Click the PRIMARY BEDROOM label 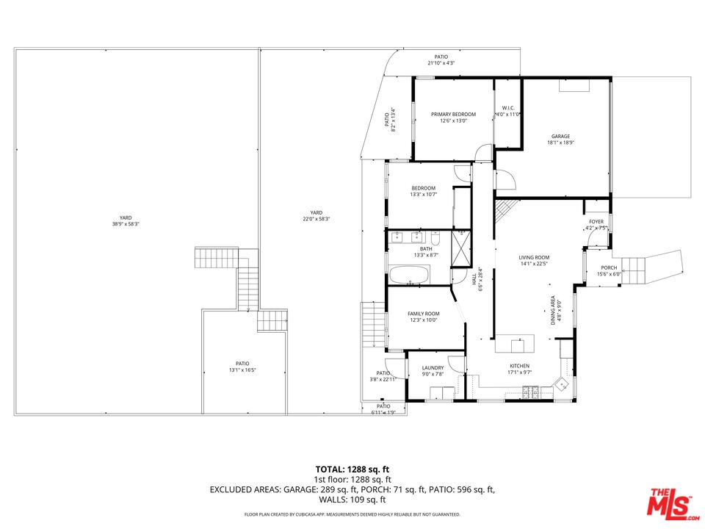453,114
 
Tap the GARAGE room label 560,136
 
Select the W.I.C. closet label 507,108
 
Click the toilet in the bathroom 435,238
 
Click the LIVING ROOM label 535,257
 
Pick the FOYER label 596,221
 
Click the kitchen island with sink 513,344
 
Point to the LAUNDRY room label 433,368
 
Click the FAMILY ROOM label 423,314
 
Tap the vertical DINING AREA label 554,310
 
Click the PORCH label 609,267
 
